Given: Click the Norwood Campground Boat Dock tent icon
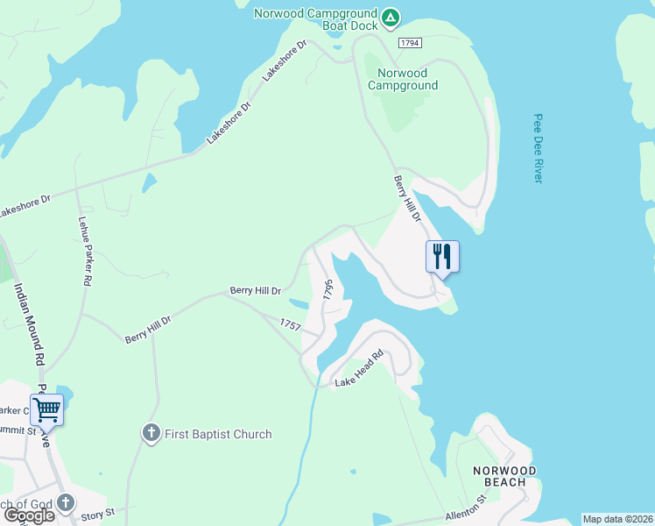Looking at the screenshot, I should pos(391,17).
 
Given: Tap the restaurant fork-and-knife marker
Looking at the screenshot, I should pos(442,256).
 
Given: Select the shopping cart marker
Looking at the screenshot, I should pos(46,408).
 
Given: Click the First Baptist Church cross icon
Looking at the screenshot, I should pos(151,433).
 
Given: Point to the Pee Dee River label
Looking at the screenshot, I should pos(539,147).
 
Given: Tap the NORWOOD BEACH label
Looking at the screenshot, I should pos(499,476).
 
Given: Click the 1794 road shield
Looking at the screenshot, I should pos(409,42).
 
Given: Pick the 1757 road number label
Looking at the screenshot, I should pos(290,324).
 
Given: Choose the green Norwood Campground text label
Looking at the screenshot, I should pos(403,79).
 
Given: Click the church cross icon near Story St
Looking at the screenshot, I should pos(67,503).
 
